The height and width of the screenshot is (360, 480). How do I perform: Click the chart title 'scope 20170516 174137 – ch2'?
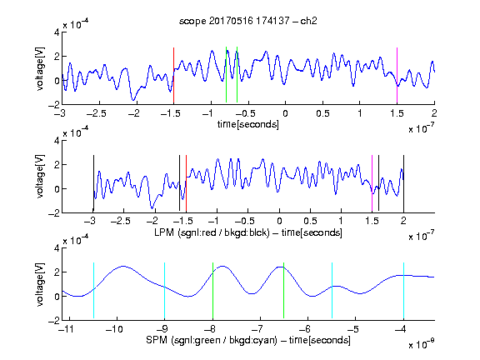[x=248, y=21]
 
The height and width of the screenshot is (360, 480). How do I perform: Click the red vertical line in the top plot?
[x=173, y=75]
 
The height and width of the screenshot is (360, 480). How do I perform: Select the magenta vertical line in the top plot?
[x=397, y=75]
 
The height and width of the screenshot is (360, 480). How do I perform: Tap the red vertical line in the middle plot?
[x=186, y=183]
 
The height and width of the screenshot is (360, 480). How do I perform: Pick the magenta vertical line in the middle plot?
[x=372, y=183]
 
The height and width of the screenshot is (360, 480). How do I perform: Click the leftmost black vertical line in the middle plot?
[x=93, y=183]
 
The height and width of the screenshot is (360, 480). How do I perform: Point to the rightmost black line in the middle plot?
[x=403, y=183]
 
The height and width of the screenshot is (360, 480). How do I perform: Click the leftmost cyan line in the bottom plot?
[x=93, y=291]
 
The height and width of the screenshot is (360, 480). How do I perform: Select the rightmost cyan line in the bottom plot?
[x=403, y=291]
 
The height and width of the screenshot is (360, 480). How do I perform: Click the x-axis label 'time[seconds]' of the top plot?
[x=248, y=124]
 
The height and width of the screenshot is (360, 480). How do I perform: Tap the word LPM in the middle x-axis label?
[x=164, y=232]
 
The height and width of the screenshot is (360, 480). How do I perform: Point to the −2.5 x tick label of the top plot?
[x=97, y=113]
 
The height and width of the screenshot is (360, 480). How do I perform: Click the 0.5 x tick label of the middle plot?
[x=310, y=221]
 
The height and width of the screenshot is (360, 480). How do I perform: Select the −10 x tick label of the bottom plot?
[x=114, y=329]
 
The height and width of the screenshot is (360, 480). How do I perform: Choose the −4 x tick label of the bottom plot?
[x=401, y=329]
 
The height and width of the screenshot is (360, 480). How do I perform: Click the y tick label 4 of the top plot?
[x=57, y=32]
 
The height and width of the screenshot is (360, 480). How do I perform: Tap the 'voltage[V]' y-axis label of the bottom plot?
[x=40, y=284]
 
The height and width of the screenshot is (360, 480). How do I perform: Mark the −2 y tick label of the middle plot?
[x=54, y=213]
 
